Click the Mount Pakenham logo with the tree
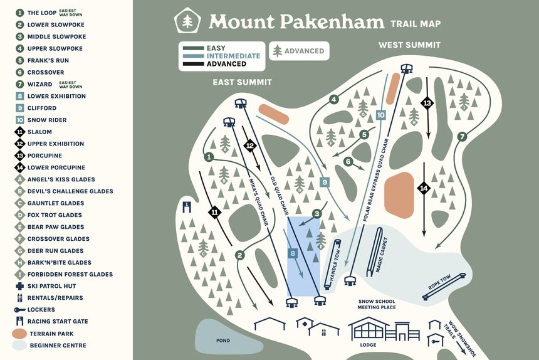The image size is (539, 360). click(187, 21)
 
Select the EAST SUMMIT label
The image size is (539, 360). click(242, 82)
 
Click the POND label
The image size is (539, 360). click(222, 341)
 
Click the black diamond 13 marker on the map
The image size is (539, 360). click(427, 103)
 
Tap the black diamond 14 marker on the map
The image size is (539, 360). click(424, 188)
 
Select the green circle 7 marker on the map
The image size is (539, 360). click(462, 136)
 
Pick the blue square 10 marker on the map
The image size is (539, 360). click(380, 115)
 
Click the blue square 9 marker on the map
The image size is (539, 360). click(324, 182)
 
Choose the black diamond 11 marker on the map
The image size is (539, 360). click(214, 212)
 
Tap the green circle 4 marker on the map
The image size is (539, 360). click(334, 99)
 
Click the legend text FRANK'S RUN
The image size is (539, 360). click(48, 61)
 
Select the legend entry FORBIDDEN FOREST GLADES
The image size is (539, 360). click(70, 275)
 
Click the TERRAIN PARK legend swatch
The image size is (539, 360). click(19, 334)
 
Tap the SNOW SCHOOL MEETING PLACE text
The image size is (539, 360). click(377, 304)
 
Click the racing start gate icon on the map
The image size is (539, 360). click(186, 205)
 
